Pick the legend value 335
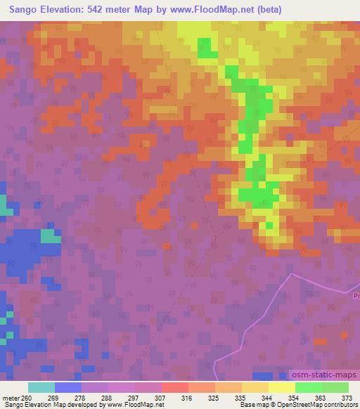[x=241, y=397]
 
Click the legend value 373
[x=348, y=397]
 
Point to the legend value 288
[x=108, y=397]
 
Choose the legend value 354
[x=295, y=397]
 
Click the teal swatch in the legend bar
[x=41, y=387]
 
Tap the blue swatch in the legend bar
[x=67, y=387]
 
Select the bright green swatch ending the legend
[x=335, y=387]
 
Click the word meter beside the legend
[x=9, y=397]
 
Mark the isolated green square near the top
[x=205, y=48]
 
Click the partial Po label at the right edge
[x=355, y=297]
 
